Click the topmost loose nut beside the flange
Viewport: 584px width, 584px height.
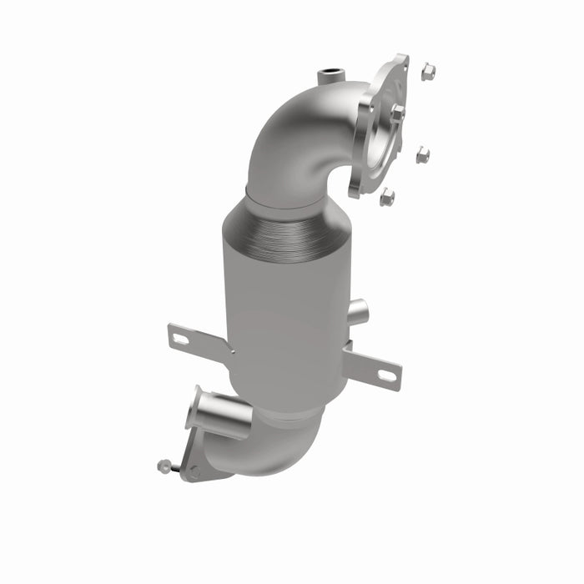428,72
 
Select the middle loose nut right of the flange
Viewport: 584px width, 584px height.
423,154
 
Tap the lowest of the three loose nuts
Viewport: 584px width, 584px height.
387,197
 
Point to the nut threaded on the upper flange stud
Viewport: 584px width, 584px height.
398,112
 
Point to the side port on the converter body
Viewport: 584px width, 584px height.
357,313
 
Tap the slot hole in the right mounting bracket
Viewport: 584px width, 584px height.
387,375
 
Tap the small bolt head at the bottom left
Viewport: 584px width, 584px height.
164,466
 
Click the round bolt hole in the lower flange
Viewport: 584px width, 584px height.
194,471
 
